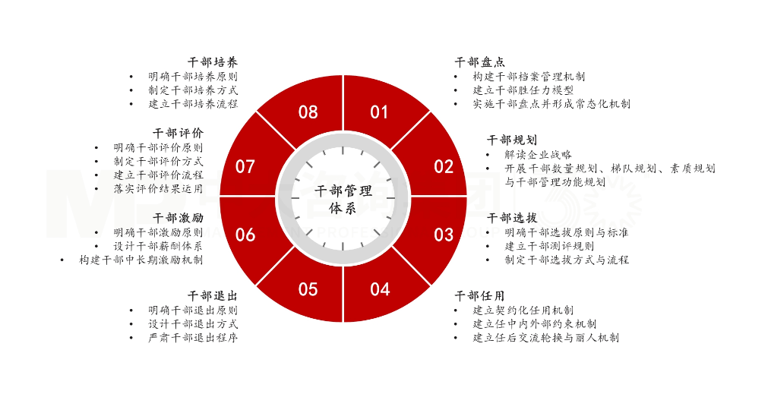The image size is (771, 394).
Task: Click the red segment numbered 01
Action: click(379, 112)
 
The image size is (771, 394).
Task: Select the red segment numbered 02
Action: click(443, 167)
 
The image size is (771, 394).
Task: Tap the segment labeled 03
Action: click(443, 235)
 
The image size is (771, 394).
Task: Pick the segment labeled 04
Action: click(380, 289)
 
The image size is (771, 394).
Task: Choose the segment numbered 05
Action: click(308, 289)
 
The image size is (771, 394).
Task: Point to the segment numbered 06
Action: click(245, 235)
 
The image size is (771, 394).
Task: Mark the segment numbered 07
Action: click(245, 167)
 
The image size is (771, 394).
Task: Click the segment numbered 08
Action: click(308, 112)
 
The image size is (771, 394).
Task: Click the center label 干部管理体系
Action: click(343, 200)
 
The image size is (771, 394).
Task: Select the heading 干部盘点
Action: click(479, 62)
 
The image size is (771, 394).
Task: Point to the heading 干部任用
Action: click(479, 296)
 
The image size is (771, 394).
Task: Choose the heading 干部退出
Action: click(213, 296)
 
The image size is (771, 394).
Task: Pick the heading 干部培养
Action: click(213, 62)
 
